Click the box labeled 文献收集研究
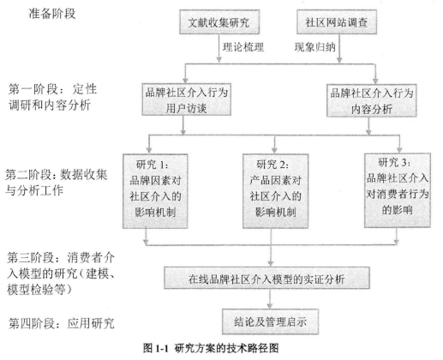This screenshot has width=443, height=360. (x=219, y=22)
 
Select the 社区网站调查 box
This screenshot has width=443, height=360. (x=337, y=22)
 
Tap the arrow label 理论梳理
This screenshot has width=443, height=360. (x=243, y=47)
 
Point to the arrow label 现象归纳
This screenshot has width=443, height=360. (x=314, y=47)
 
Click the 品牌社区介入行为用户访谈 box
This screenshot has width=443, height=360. (x=187, y=99)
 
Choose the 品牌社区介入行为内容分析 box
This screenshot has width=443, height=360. (x=372, y=100)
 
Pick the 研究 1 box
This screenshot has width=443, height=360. (x=155, y=191)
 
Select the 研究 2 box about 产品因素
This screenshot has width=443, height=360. (x=275, y=191)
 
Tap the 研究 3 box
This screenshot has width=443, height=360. (x=398, y=190)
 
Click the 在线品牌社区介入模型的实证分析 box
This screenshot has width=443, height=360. (x=266, y=278)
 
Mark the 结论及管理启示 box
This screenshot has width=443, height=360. (x=270, y=321)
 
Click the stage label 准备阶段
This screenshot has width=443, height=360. (x=52, y=14)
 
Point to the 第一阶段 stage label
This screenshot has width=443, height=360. (x=52, y=97)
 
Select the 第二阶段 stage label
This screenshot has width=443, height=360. (x=57, y=183)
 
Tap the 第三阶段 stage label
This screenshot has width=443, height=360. (x=61, y=273)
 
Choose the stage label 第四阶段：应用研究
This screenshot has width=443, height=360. (x=61, y=323)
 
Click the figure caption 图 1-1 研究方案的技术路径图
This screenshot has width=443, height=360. (x=211, y=348)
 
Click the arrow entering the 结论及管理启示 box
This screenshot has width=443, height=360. (x=270, y=299)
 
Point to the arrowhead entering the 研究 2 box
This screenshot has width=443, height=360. (x=274, y=150)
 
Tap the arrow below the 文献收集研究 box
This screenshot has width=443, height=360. (x=219, y=48)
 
